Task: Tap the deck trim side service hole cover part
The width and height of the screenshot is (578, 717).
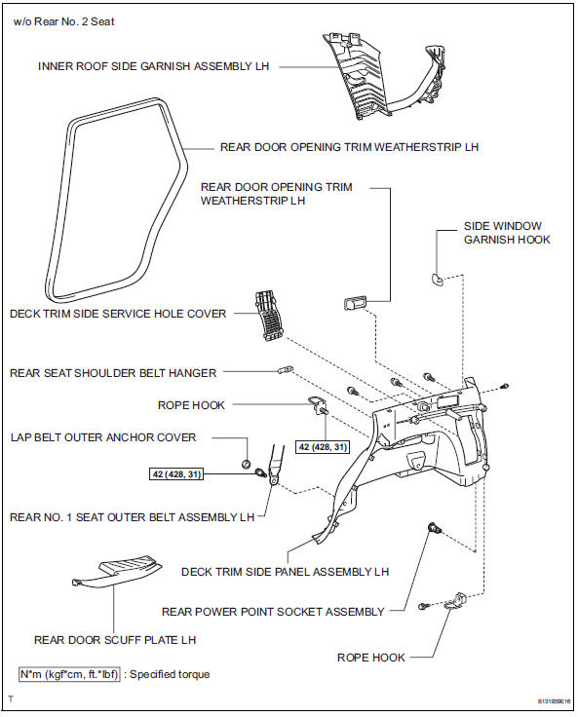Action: click(x=266, y=314)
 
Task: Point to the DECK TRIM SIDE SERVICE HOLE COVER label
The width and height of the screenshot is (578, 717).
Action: click(x=117, y=314)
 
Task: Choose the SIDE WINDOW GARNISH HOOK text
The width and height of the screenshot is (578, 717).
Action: click(x=506, y=232)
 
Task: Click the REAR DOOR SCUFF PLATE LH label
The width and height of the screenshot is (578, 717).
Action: click(x=115, y=640)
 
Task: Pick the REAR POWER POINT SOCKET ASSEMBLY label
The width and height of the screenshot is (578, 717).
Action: click(x=273, y=612)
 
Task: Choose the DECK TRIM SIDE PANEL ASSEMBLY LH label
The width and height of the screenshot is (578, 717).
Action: click(x=286, y=571)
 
